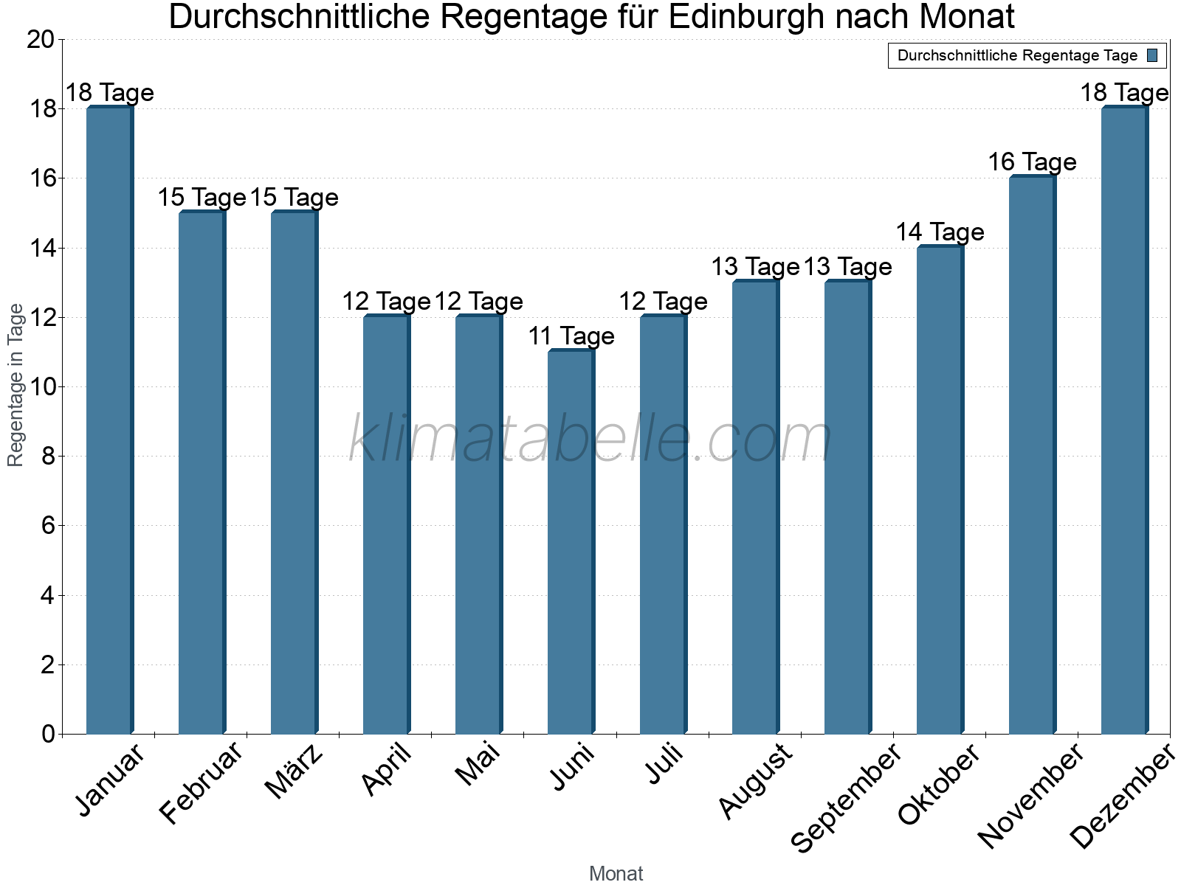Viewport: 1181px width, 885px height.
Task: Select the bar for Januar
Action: pos(109,420)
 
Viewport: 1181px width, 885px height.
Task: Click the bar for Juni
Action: pos(571,542)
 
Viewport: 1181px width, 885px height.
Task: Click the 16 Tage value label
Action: pos(1032,162)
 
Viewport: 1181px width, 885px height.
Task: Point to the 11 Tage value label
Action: pos(571,336)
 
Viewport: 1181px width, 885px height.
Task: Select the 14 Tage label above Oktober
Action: pos(940,232)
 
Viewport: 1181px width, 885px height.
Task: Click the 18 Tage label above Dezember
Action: pos(1123,93)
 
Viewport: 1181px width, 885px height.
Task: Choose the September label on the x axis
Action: pos(846,796)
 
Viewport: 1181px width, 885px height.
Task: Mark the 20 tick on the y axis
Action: pos(41,40)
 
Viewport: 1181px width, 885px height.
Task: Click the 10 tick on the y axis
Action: pos(41,387)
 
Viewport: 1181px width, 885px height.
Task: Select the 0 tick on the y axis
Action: pos(49,734)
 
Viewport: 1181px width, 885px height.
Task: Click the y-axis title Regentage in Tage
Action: pos(16,385)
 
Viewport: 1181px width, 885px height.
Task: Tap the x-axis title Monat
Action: pos(616,873)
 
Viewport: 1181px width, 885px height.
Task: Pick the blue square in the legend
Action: pos(1152,55)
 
